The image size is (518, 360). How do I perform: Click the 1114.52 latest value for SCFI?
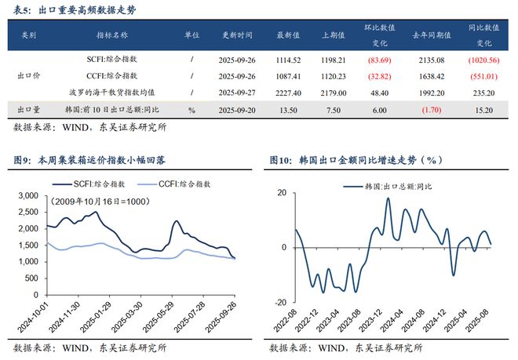(290, 60)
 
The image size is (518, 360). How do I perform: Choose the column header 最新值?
(290, 35)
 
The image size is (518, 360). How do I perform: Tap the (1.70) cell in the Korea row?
(431, 110)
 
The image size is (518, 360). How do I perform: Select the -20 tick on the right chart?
(279, 302)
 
